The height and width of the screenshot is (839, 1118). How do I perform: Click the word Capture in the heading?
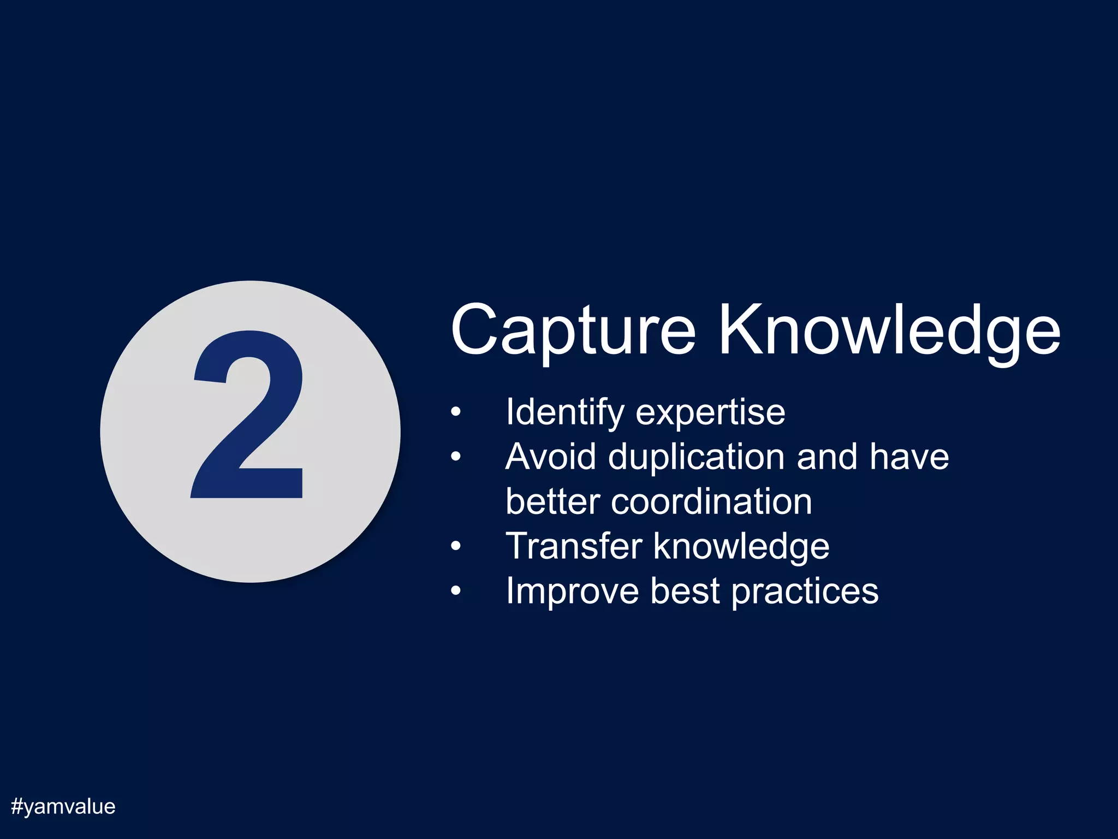point(573,330)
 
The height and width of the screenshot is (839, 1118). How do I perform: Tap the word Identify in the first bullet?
point(564,413)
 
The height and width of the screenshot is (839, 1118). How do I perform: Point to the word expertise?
point(710,413)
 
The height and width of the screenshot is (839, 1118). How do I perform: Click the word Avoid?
point(550,457)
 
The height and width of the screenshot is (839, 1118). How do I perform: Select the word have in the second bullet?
point(909,457)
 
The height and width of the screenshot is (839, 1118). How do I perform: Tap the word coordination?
point(711,501)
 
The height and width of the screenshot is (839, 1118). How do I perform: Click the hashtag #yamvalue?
point(63,807)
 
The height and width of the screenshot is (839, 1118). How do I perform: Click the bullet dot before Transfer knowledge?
point(456,547)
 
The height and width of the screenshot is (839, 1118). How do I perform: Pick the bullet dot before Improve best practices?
point(456,592)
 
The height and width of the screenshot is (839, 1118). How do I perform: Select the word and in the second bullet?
point(826,457)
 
